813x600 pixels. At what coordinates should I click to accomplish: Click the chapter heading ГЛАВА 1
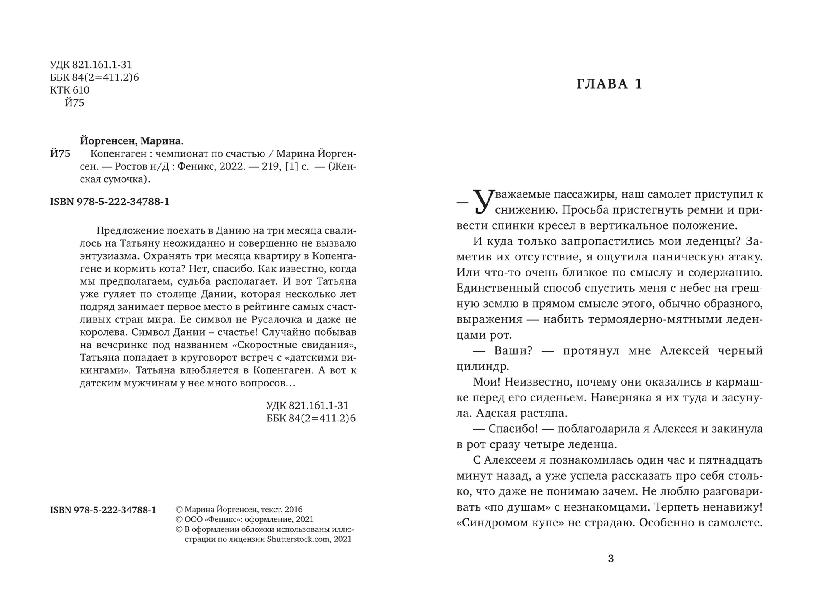[610, 84]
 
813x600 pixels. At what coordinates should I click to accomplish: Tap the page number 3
[611, 559]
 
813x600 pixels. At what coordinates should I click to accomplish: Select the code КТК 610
[69, 90]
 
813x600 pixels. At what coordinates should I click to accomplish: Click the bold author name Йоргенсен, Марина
[132, 141]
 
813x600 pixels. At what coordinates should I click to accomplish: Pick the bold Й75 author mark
[60, 154]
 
